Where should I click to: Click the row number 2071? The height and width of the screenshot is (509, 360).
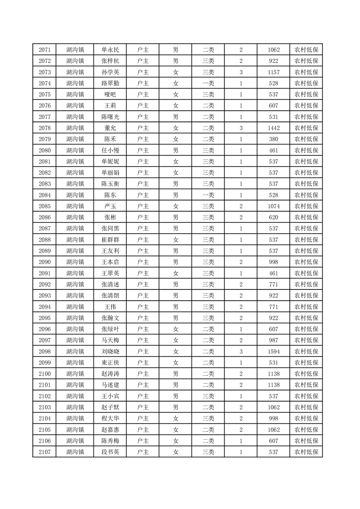(x=44, y=50)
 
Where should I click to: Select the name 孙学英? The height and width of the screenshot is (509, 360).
(x=110, y=72)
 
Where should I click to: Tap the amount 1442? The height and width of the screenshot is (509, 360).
(x=274, y=128)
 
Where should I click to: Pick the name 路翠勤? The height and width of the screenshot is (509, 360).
(x=110, y=83)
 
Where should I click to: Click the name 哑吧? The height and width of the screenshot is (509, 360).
(x=110, y=94)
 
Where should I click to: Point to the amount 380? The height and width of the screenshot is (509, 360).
(x=274, y=139)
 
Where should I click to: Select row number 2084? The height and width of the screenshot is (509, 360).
(x=44, y=195)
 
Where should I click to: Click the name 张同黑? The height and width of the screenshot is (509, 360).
(x=110, y=229)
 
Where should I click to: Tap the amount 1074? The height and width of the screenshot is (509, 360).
(x=274, y=206)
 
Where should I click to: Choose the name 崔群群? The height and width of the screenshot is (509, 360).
(x=110, y=240)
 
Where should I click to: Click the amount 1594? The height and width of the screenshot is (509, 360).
(x=274, y=352)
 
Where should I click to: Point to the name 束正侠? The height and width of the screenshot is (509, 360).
(x=110, y=362)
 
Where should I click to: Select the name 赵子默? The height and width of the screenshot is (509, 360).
(x=110, y=407)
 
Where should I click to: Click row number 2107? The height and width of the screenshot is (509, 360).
(x=44, y=452)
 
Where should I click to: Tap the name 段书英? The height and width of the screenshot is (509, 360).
(x=110, y=452)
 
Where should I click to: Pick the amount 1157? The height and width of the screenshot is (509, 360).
(x=274, y=72)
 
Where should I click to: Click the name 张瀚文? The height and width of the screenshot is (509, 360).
(x=110, y=318)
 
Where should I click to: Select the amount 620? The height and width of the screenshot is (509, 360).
(x=274, y=217)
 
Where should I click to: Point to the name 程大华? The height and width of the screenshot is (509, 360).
(x=110, y=418)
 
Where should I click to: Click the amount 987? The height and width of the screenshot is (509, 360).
(x=274, y=340)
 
